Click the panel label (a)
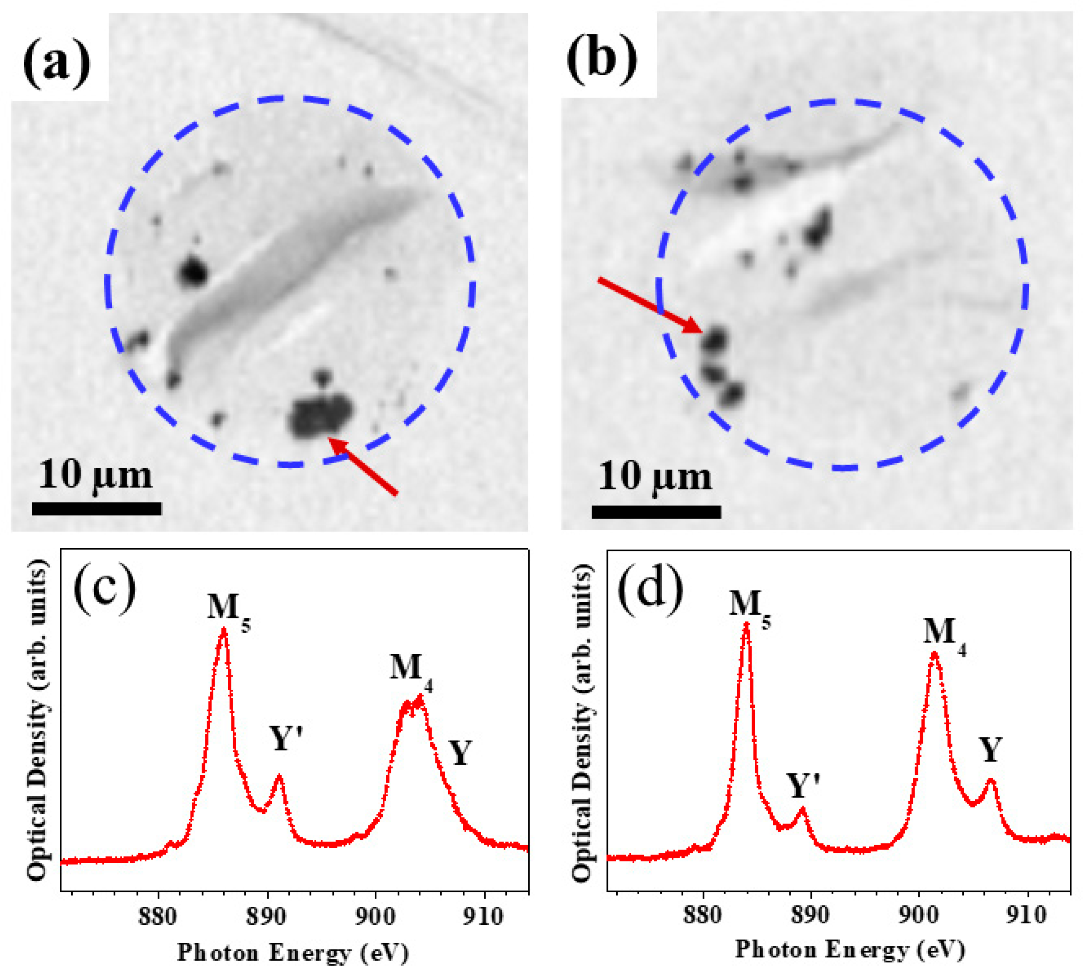click(x=57, y=63)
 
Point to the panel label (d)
click(x=651, y=590)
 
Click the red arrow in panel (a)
click(x=362, y=466)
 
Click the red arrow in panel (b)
click(x=650, y=305)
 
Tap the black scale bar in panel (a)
click(x=97, y=508)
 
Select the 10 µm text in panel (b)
click(x=655, y=476)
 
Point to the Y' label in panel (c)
click(x=286, y=739)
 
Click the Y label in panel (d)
click(x=990, y=750)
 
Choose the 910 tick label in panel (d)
click(x=1027, y=914)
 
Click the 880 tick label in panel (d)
click(x=702, y=914)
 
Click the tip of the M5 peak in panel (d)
click(x=746, y=625)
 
